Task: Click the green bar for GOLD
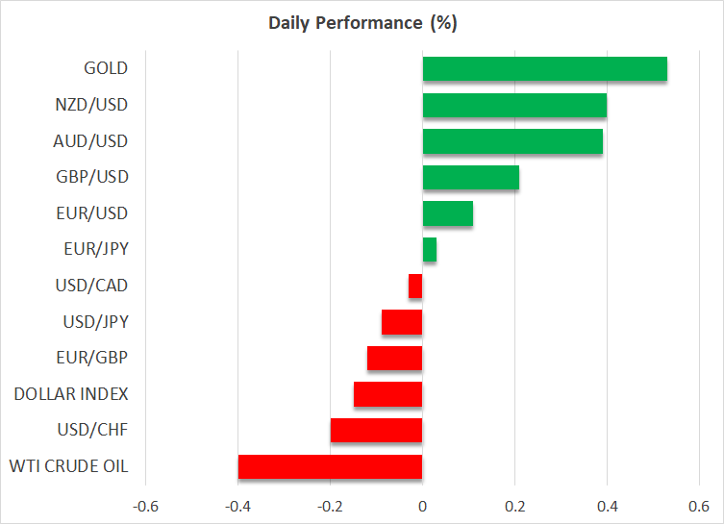click(x=544, y=69)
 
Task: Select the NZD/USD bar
click(x=514, y=105)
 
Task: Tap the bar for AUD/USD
click(x=512, y=141)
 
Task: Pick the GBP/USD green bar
click(x=471, y=177)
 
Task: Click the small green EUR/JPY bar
click(x=430, y=249)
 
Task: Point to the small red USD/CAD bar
click(x=415, y=286)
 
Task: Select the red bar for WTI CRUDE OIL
click(x=330, y=466)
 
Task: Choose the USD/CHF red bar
click(x=376, y=430)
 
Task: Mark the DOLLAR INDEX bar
click(x=387, y=394)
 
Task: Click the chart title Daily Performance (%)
click(x=362, y=23)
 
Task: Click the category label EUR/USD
click(x=93, y=212)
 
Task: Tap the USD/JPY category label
click(x=94, y=321)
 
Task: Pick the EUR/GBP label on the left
click(x=94, y=358)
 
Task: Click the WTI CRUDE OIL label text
click(x=68, y=467)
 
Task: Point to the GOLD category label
click(x=106, y=68)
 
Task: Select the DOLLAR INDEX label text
click(x=71, y=394)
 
